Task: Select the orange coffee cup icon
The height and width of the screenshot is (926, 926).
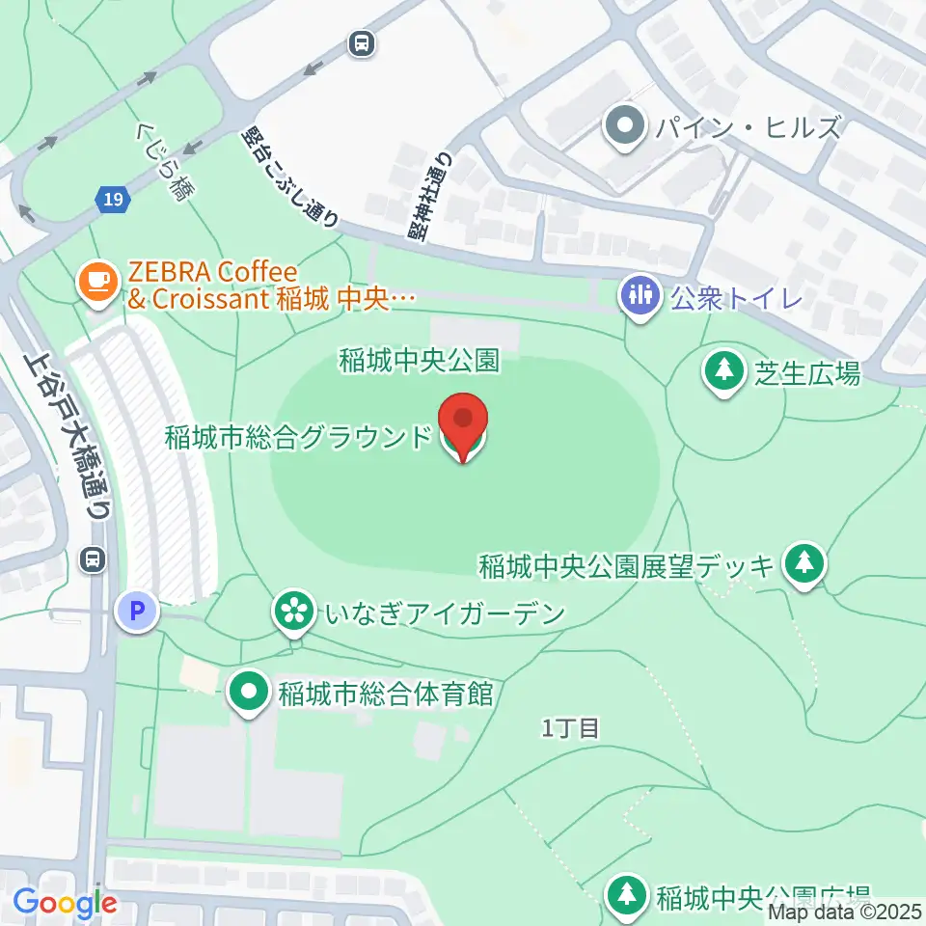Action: click(x=96, y=280)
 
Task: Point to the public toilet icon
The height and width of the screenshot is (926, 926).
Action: click(x=639, y=293)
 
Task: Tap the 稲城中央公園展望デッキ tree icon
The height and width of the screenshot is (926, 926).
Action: click(x=803, y=563)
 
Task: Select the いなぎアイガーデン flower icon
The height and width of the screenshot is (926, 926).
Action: click(x=293, y=611)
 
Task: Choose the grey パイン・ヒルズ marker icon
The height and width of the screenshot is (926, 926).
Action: click(x=626, y=125)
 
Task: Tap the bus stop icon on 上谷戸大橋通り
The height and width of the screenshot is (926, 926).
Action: click(x=95, y=558)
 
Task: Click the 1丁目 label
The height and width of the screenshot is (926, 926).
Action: click(x=570, y=728)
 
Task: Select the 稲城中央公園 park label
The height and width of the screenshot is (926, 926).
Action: click(x=419, y=360)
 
